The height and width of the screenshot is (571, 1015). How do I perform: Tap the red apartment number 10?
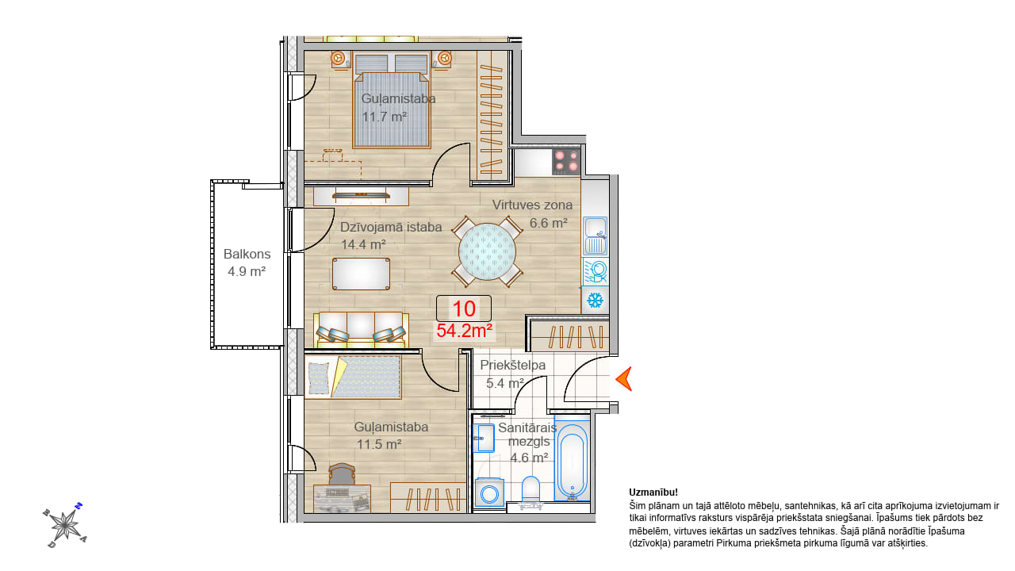[464, 308]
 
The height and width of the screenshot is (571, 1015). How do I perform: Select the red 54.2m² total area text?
[465, 331]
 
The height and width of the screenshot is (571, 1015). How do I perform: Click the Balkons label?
[247, 254]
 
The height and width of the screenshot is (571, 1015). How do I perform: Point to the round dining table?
[487, 251]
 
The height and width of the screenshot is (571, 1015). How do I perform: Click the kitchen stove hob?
[566, 162]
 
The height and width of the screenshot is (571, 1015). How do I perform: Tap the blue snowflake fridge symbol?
[595, 300]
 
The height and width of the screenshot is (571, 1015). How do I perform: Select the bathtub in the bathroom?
[573, 461]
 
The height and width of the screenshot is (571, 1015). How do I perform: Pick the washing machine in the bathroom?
[489, 492]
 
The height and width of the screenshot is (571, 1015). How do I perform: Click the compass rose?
[65, 526]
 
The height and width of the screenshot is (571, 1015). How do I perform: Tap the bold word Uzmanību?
[653, 492]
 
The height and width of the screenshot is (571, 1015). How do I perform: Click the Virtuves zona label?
[532, 205]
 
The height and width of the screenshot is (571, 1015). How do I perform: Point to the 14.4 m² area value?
[363, 245]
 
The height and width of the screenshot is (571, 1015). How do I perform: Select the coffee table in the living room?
[361, 274]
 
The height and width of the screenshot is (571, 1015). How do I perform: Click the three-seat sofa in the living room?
[361, 329]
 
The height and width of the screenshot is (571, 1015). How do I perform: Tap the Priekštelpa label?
[513, 366]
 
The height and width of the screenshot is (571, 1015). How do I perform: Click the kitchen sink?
[596, 236]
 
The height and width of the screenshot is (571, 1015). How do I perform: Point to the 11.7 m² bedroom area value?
[385, 117]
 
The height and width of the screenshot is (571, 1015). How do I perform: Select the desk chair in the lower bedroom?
[342, 474]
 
